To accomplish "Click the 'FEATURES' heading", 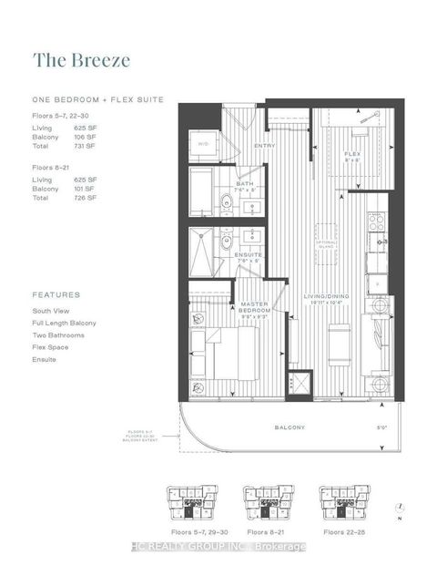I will [56, 295].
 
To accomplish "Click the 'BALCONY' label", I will [294, 427].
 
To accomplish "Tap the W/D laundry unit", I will [203, 143].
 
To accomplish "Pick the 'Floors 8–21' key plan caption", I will [267, 528].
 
